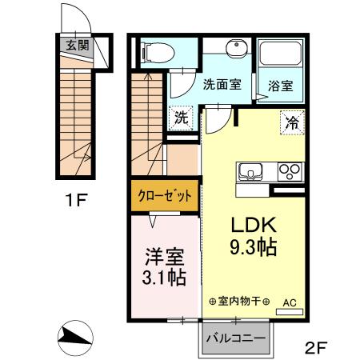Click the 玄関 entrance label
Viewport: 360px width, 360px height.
(78, 46)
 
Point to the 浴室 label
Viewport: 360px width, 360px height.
(279, 82)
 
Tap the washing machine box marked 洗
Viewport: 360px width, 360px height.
(182, 116)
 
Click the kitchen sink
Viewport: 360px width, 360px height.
(250, 171)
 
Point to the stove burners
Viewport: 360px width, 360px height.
(288, 171)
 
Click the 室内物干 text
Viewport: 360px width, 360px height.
(238, 302)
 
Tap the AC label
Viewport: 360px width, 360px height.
(289, 302)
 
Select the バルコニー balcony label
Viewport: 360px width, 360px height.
(235, 338)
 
